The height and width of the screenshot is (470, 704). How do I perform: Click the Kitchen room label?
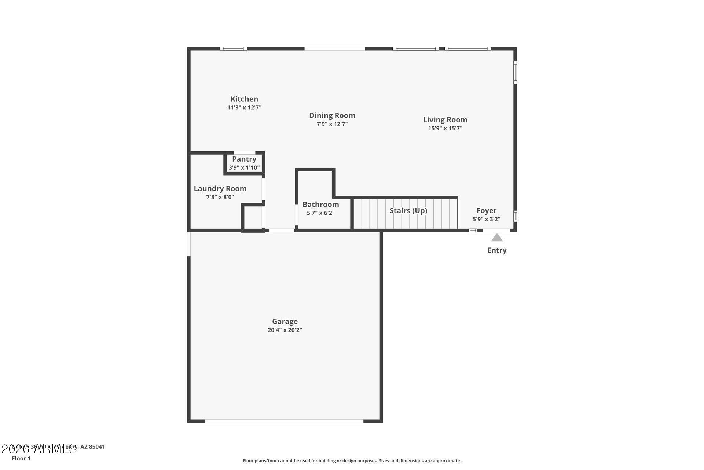point(244,99)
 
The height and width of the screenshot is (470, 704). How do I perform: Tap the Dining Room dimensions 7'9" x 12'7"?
point(332,124)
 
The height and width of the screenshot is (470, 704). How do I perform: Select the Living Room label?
point(445,119)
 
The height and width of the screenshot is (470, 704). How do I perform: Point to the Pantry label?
point(244,159)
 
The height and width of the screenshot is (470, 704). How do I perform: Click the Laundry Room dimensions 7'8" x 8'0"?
point(220,197)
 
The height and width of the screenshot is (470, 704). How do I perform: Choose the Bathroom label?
point(320,204)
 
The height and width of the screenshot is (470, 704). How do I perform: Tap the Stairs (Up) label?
point(408,210)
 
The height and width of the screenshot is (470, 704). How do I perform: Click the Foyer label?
point(486,210)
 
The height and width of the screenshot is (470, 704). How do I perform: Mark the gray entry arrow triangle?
point(497,238)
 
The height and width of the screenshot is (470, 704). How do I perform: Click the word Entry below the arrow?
point(497,250)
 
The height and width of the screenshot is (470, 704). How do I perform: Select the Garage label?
point(285,321)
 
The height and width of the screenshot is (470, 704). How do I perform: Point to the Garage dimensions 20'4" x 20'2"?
point(285,330)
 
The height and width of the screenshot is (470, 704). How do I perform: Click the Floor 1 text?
point(21,458)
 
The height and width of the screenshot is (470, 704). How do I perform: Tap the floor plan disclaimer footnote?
point(352,460)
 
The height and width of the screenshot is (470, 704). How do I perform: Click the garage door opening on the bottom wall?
point(284,421)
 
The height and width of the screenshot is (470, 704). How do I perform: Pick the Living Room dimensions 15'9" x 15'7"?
point(445,128)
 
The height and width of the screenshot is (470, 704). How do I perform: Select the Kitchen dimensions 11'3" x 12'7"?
point(244,108)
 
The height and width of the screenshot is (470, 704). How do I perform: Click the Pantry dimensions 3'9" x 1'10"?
point(244,168)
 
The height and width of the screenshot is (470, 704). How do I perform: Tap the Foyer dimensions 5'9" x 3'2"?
point(486,219)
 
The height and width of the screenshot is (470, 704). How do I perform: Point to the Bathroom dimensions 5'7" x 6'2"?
point(320,213)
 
